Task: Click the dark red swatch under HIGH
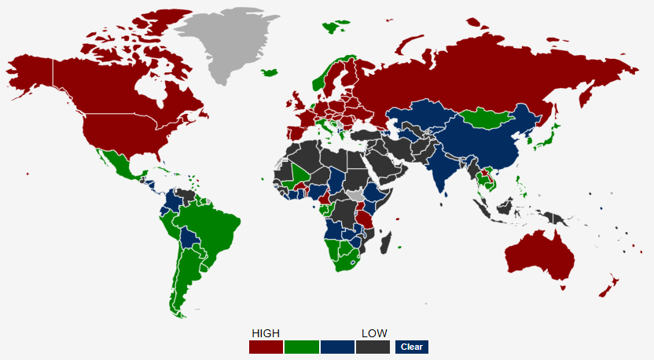pos(266,347)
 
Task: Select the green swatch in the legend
pos(302,347)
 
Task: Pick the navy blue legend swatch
pos(337,347)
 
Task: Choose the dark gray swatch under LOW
pos(373,347)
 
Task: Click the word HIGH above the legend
pos(266,333)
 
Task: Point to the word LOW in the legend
pos(374,333)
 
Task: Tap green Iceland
pos(270,73)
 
